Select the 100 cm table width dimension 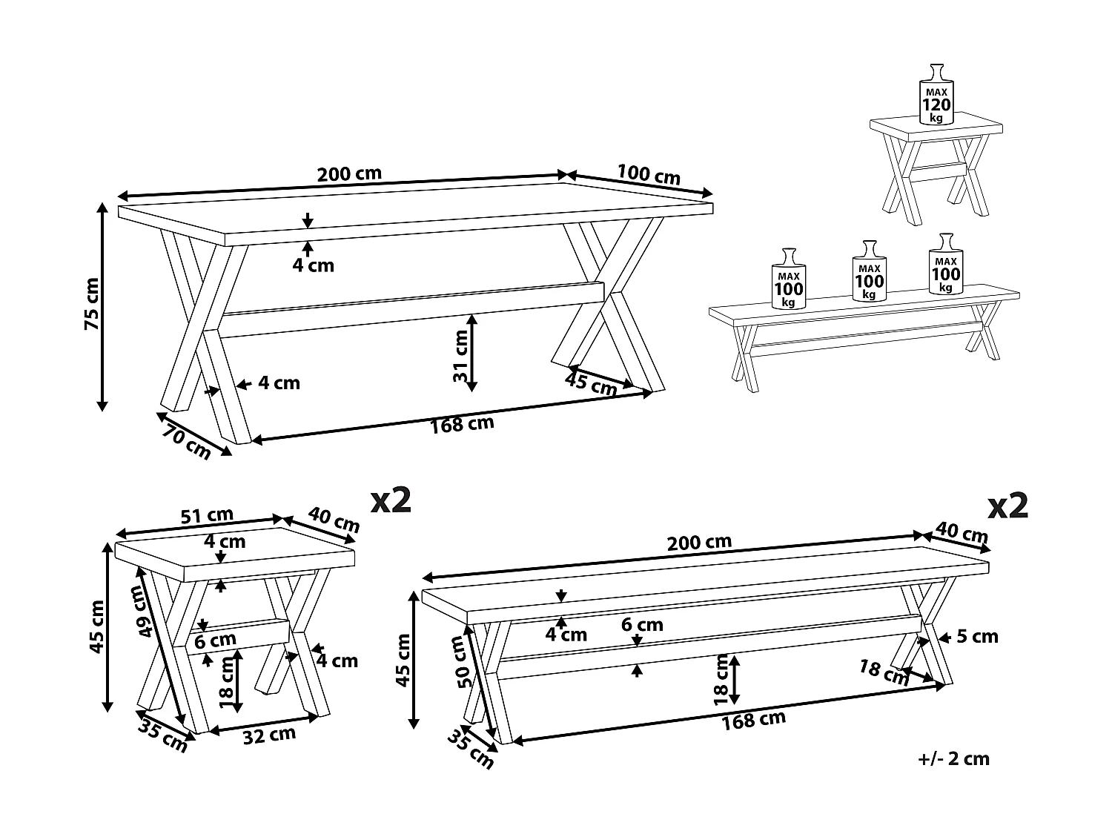tap(648, 174)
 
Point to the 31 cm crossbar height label tap(461, 355)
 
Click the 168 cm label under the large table tap(462, 425)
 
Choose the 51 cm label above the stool tap(207, 515)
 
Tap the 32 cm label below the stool tap(271, 735)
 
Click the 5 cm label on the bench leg tap(977, 636)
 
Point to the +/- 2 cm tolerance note tap(953, 758)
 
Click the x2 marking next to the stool tap(391, 501)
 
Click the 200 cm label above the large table tap(349, 174)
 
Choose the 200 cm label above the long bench tap(699, 542)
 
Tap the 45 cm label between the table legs tap(591, 383)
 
